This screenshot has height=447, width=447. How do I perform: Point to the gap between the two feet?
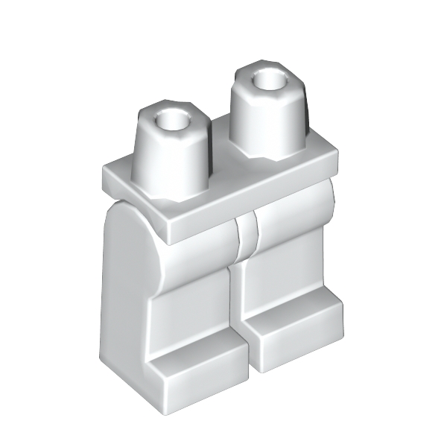[x=246, y=350]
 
